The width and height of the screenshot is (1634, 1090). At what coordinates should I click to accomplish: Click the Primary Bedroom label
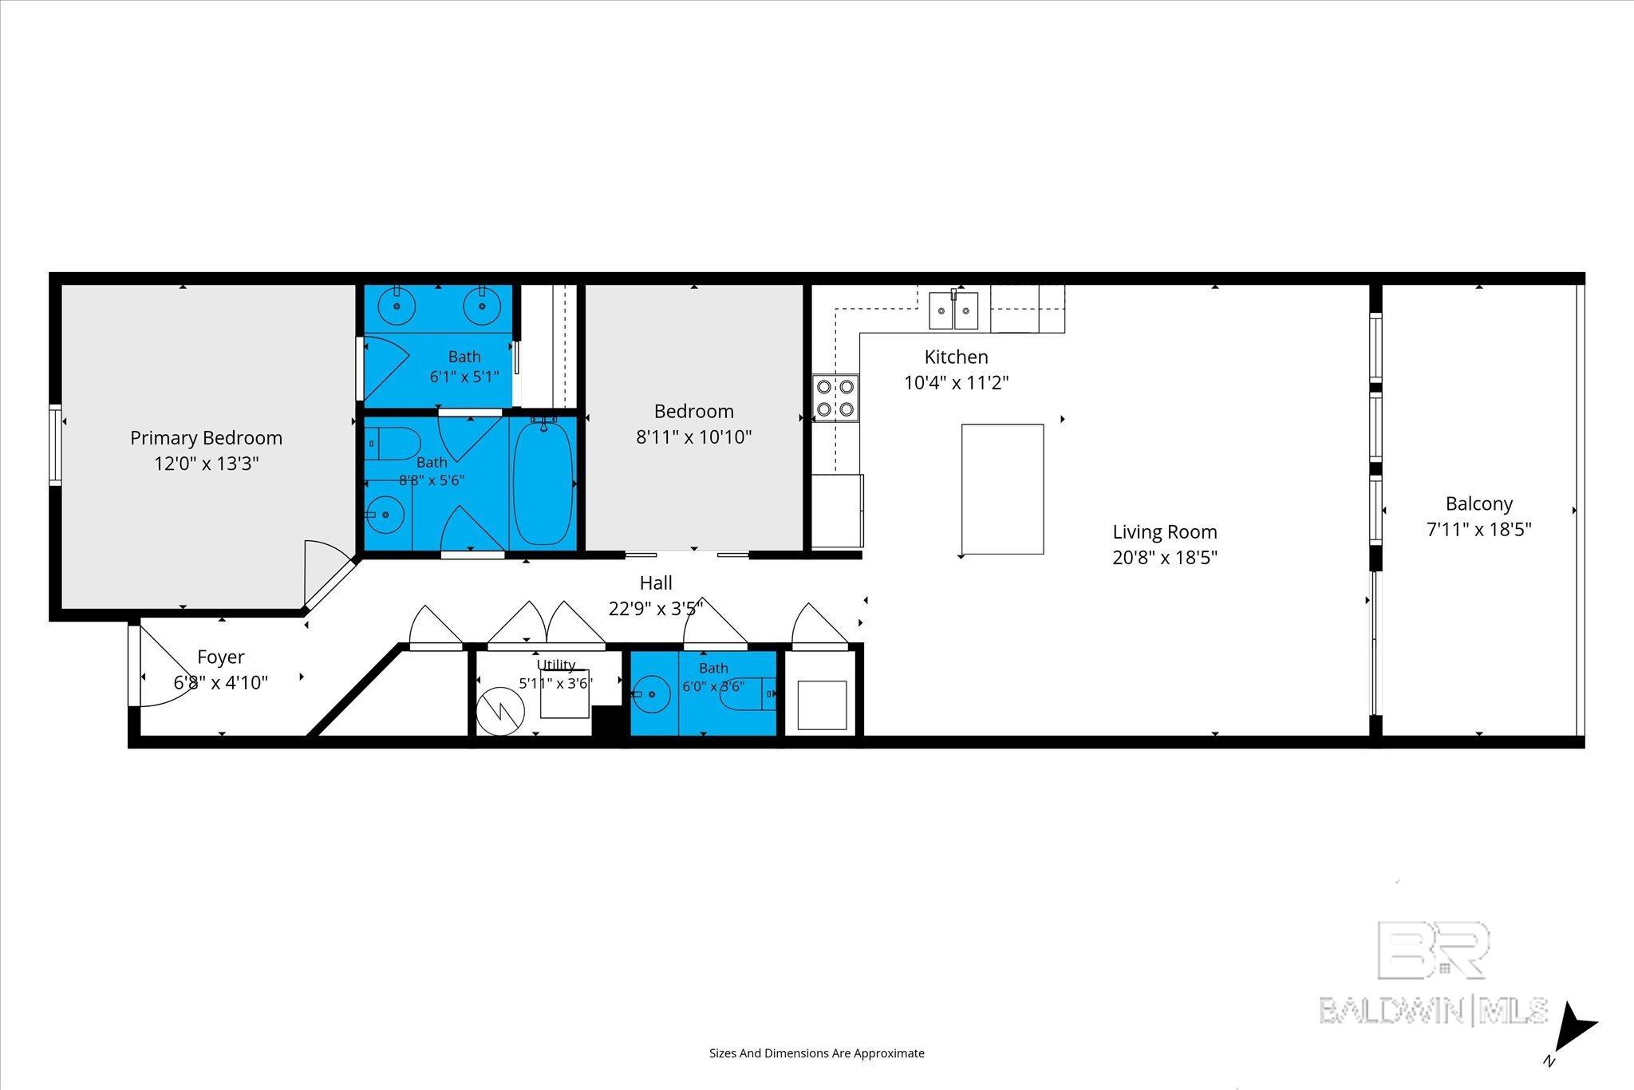coord(206,438)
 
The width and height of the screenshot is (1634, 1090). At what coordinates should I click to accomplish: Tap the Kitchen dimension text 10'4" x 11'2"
coord(956,383)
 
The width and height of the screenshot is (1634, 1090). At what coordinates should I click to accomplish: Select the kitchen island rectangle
coord(1002,489)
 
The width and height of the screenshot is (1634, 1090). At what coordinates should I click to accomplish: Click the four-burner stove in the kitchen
coord(835,398)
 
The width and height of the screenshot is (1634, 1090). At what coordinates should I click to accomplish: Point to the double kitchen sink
coord(953,310)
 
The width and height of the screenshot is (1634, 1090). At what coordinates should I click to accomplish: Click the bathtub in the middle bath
coord(543,483)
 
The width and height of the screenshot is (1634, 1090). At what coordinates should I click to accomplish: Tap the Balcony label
coord(1479,504)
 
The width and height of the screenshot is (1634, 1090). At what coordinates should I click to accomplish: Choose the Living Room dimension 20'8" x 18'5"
coord(1165,557)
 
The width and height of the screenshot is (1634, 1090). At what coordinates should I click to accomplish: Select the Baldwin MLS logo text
coord(1434,1009)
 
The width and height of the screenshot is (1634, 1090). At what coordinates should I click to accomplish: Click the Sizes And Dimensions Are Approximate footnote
coord(817,1053)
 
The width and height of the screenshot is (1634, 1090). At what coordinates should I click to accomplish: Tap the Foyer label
coord(221,657)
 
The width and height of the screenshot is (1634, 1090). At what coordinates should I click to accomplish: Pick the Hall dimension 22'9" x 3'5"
coord(656,609)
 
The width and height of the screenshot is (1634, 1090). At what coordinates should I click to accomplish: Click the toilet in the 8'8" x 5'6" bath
coord(393,441)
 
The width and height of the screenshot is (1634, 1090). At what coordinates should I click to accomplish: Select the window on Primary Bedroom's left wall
coord(55,444)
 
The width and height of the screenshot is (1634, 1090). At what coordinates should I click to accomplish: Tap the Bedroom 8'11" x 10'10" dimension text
coord(693,436)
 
